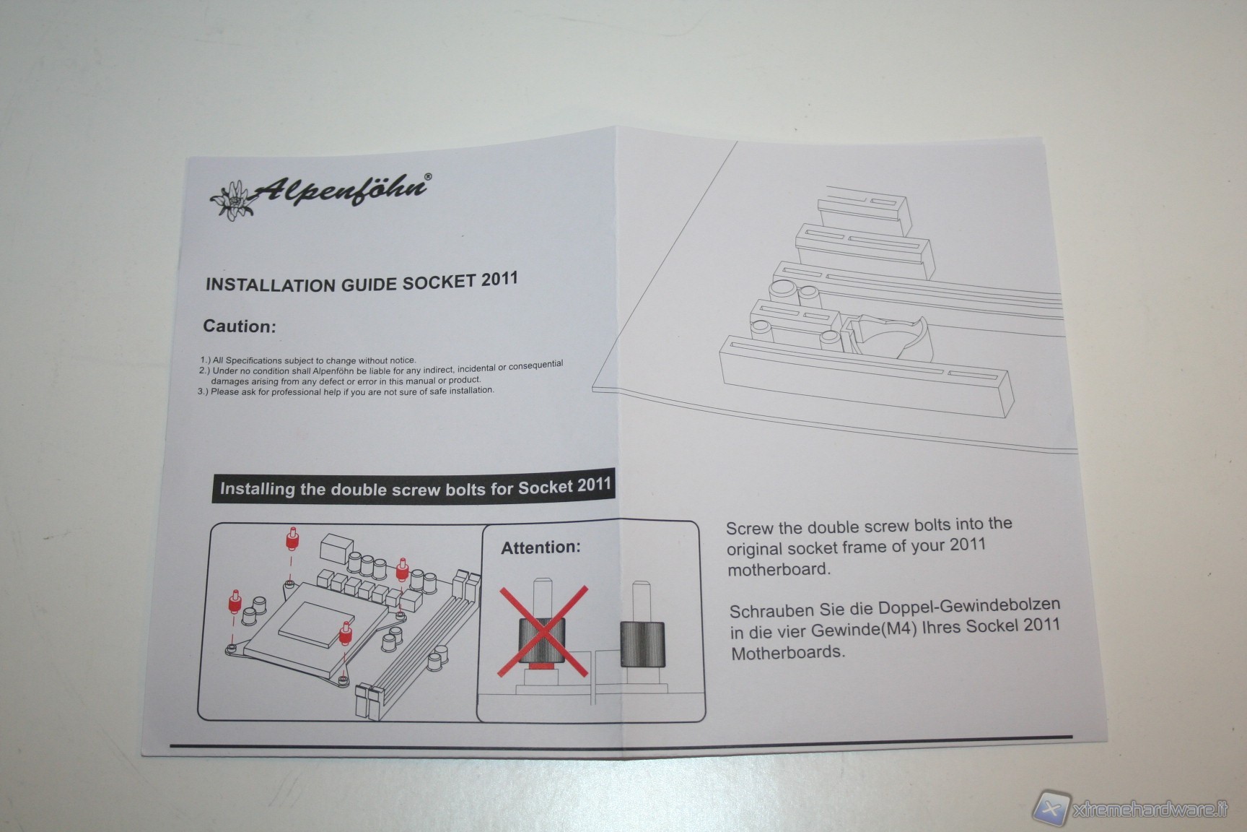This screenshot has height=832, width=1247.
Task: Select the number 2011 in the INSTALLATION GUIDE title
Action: point(499,279)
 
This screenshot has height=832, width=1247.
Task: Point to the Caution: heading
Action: point(240,326)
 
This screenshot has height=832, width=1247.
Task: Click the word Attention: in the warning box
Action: point(541,547)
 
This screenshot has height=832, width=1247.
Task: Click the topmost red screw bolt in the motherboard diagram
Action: point(292,539)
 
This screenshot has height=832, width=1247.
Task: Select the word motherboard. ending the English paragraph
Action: point(779,569)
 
